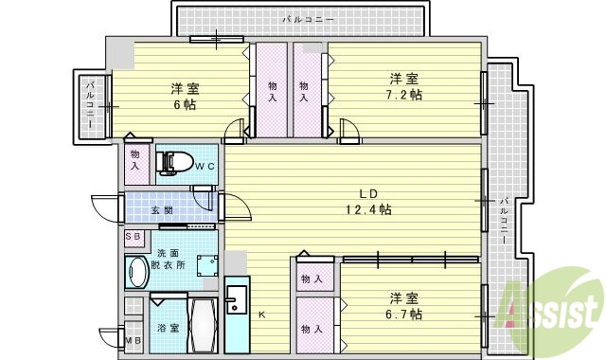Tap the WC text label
[205, 168]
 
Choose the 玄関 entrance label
[161, 210]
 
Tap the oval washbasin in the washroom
[135, 271]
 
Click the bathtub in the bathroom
[205, 325]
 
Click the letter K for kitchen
[262, 315]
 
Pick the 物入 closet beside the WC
[134, 159]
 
